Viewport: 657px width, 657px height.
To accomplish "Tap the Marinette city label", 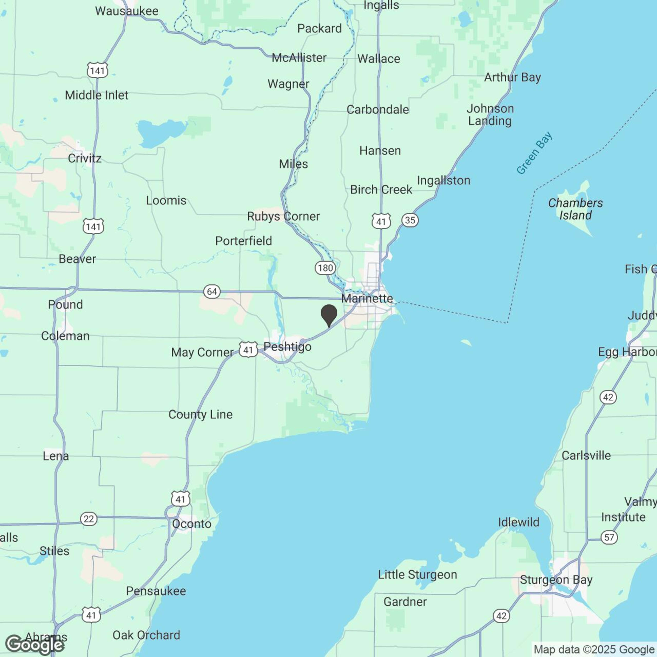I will tap(367, 299).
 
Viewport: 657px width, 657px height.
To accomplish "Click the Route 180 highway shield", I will tap(325, 268).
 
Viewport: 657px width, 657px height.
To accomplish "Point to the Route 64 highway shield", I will tap(212, 291).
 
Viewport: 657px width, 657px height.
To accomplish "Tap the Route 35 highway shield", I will tap(410, 220).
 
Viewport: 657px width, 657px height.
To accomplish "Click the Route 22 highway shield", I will tap(89, 519).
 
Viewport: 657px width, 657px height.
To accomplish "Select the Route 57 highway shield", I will tap(609, 537).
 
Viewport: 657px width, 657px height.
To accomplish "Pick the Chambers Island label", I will tap(575, 209).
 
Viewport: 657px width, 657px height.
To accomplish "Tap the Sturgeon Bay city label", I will tap(556, 580).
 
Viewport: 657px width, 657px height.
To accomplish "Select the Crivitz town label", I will tap(85, 158).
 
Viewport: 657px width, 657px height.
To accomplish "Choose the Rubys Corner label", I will tap(283, 216).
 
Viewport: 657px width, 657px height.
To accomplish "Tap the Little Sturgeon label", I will tap(418, 575).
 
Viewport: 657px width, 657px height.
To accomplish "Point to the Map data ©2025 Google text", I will tap(594, 649).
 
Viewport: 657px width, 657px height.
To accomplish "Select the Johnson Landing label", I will tap(490, 115).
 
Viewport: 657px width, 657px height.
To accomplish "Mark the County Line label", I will tap(200, 414).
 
